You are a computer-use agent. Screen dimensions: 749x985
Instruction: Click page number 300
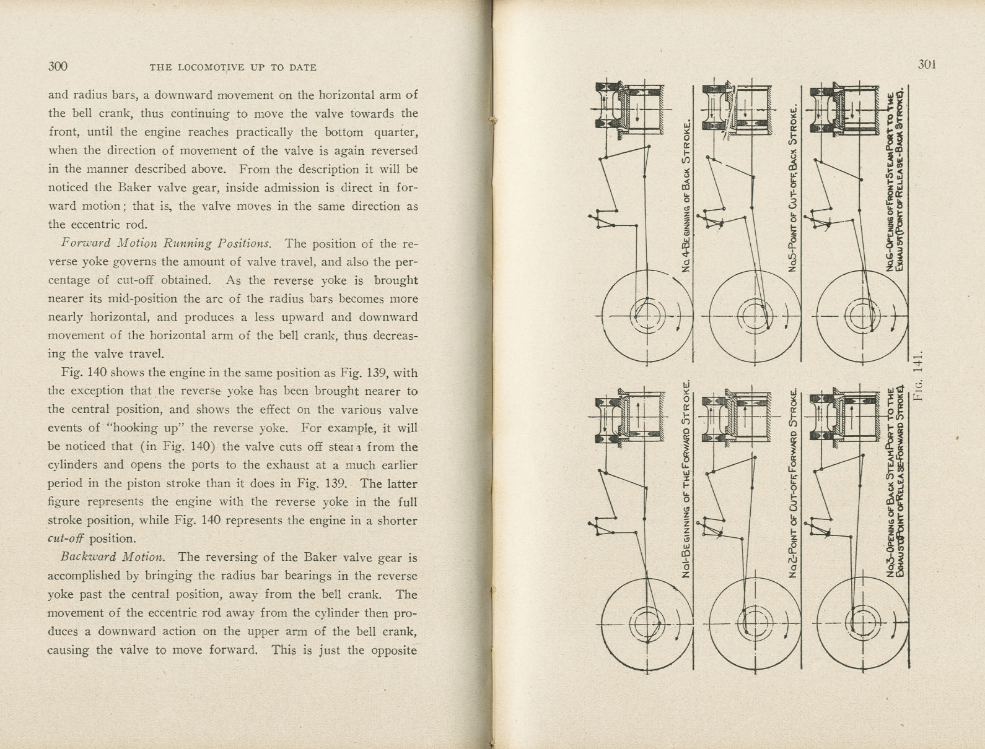pos(58,67)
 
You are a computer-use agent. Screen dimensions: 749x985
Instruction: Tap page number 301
pos(926,64)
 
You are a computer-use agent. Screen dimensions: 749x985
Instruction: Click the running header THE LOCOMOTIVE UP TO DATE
pos(233,67)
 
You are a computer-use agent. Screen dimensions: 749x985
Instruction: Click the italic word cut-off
pos(66,538)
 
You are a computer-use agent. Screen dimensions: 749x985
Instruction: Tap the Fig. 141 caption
pos(918,377)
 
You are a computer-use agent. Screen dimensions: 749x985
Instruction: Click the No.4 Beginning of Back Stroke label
pos(686,196)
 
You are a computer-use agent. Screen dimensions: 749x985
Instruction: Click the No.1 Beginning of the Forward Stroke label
pos(686,478)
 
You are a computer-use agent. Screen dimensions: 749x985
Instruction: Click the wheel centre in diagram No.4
pos(647,316)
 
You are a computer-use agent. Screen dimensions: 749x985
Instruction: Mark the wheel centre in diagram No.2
pos(753,621)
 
